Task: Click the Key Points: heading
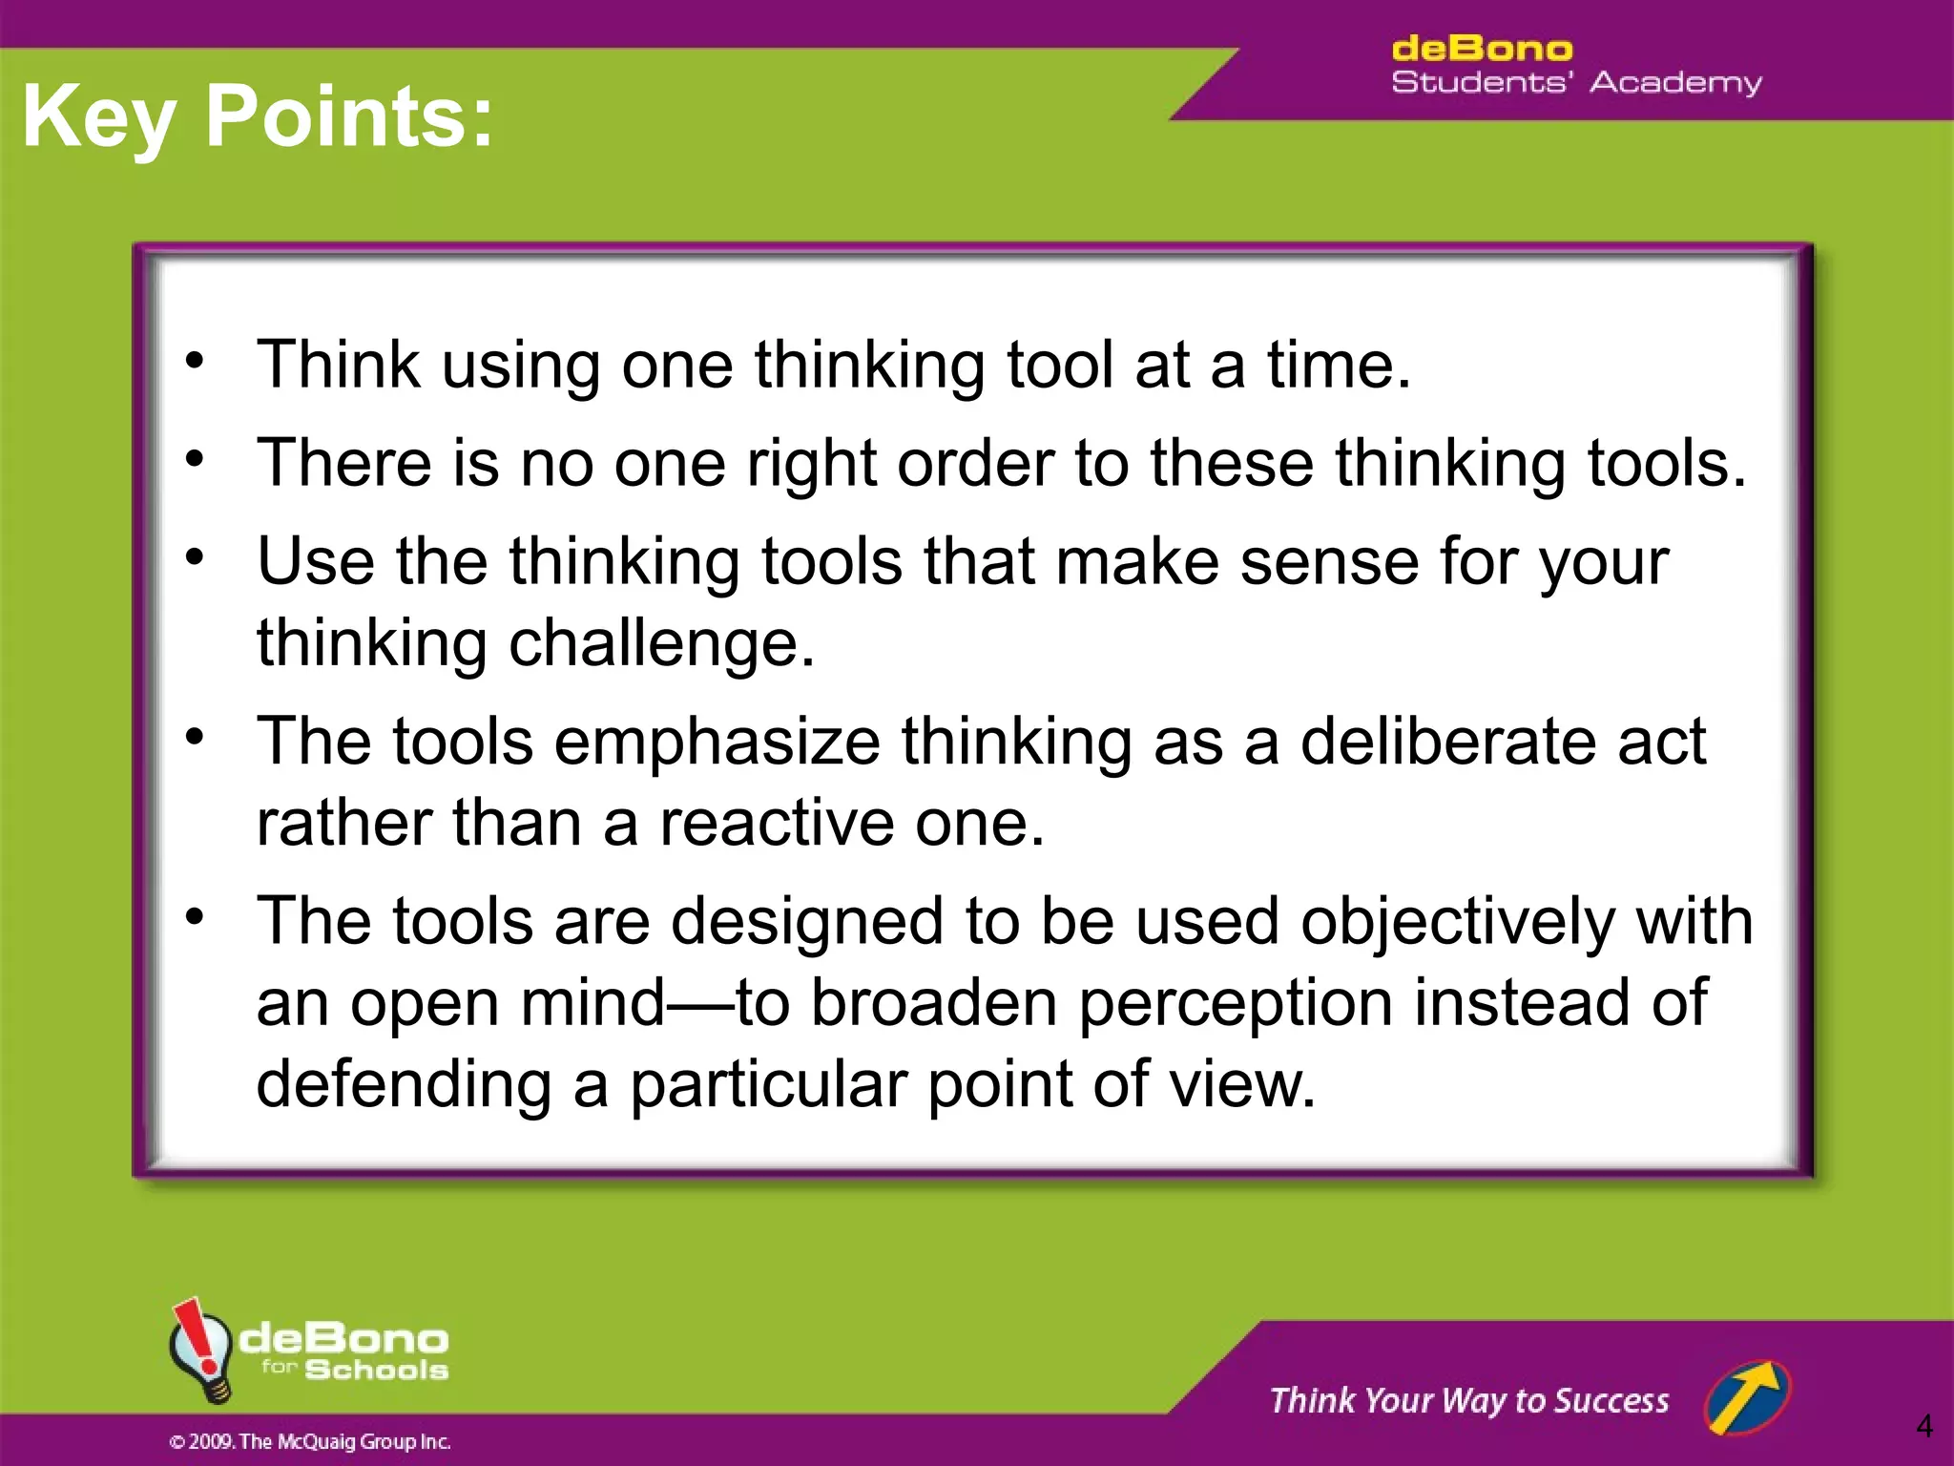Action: click(x=258, y=116)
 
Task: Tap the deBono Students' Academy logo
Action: click(x=1576, y=66)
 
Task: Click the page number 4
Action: click(x=1923, y=1426)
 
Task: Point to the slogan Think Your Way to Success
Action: click(x=1469, y=1400)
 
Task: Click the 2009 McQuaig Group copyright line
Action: click(x=309, y=1441)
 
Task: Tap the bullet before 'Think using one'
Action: click(x=196, y=362)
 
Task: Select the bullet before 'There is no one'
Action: click(x=196, y=460)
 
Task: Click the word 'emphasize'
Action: click(x=717, y=742)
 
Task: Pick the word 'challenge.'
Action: click(x=661, y=643)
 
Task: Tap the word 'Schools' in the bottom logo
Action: click(x=376, y=1370)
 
